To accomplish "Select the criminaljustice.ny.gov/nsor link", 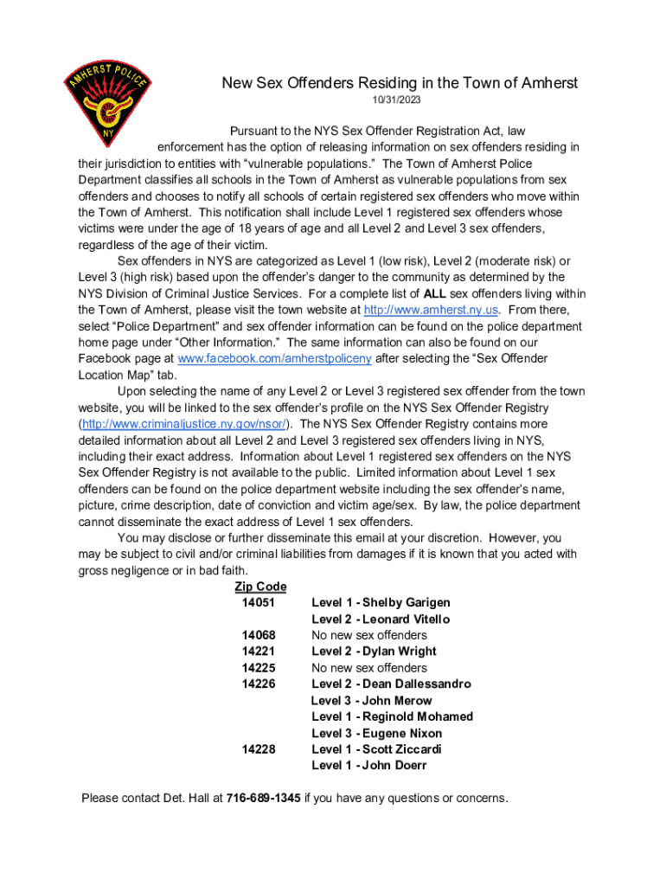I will pos(187,423).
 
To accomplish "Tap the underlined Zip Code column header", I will pos(260,587).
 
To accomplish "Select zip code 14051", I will pos(259,602).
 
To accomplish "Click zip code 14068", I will pos(259,635).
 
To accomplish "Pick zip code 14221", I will pos(259,652).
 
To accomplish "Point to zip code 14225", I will pos(259,668).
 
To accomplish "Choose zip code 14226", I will pos(259,684).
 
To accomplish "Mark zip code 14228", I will pos(259,749).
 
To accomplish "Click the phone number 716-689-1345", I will pos(264,798).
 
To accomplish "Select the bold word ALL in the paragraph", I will pos(435,293).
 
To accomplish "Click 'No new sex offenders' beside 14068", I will pos(369,635).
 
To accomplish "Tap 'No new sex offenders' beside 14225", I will pos(369,668).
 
